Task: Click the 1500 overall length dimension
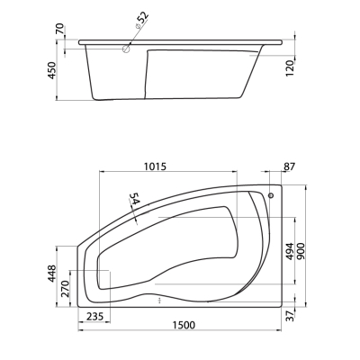point(184,325)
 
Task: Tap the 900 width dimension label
point(301,251)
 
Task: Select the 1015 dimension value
point(155,166)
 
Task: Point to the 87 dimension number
point(290,166)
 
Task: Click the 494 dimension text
point(288,251)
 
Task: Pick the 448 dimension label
point(51,274)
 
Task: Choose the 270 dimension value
point(65,289)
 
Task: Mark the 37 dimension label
point(290,316)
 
